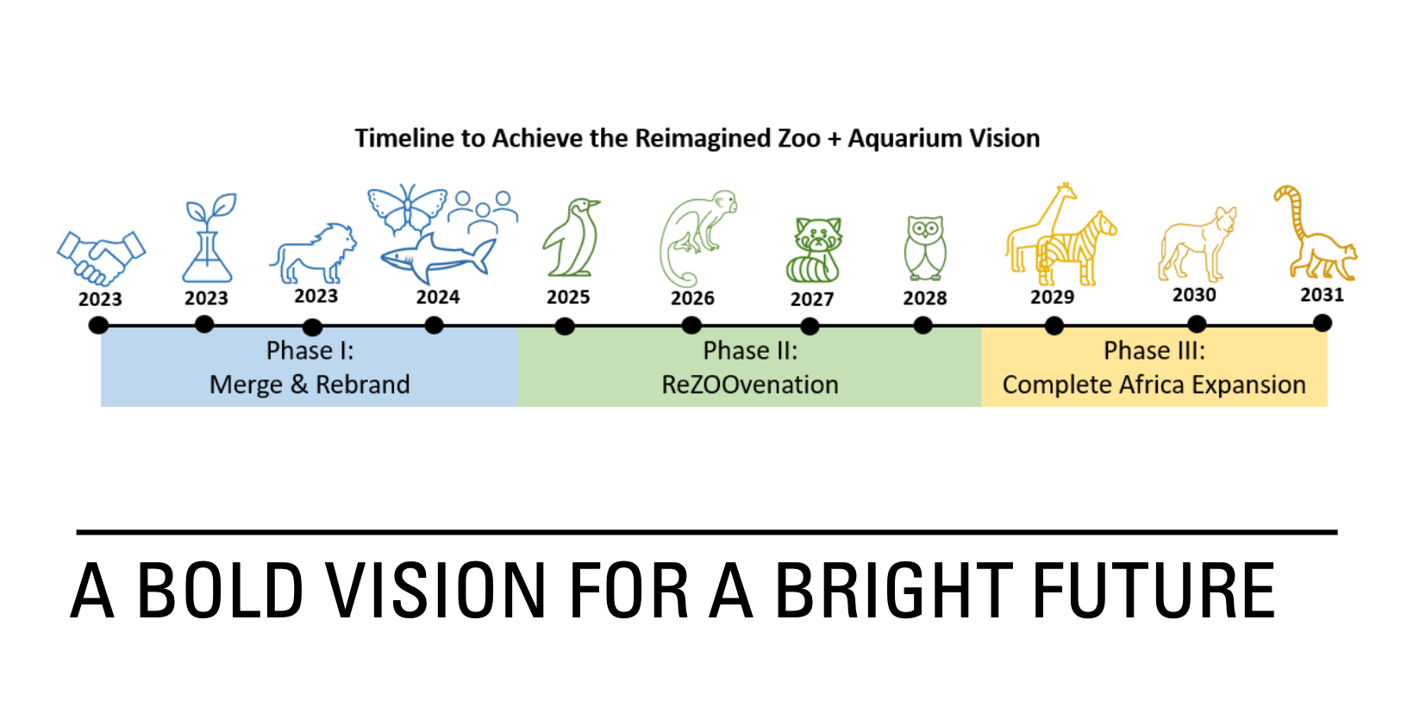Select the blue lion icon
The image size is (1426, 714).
click(313, 254)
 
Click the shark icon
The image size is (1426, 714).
click(438, 258)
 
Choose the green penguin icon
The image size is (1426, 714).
click(571, 238)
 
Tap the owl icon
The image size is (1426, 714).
click(925, 247)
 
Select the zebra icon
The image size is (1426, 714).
click(1076, 250)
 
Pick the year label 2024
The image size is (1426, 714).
click(438, 297)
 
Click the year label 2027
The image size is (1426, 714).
click(811, 299)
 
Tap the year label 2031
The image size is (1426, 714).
click(1323, 295)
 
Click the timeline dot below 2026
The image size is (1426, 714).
click(691, 326)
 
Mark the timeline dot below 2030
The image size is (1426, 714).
click(1197, 325)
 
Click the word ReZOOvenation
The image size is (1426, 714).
click(750, 385)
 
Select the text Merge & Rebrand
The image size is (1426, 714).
click(310, 385)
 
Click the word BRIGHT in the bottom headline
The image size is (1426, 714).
click(894, 591)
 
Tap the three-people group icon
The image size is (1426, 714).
click(483, 212)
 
